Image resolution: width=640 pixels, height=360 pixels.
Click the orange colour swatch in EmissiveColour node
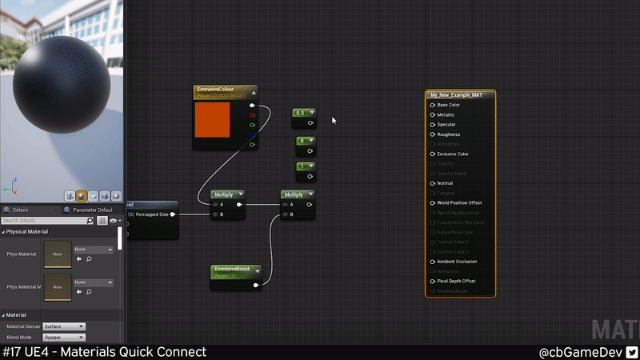(213, 119)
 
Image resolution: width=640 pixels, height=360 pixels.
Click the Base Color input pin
(434, 105)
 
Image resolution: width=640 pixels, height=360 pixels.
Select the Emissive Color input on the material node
(434, 154)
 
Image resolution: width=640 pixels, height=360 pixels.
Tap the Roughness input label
(448, 134)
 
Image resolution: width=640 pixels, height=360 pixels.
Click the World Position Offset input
(434, 203)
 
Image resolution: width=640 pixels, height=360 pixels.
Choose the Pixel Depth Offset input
(434, 281)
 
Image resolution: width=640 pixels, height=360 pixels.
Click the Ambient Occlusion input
(434, 262)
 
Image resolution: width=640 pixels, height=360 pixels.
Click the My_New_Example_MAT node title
(460, 95)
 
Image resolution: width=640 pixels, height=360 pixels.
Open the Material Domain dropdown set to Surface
(64, 326)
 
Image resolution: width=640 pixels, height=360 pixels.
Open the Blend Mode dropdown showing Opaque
(64, 337)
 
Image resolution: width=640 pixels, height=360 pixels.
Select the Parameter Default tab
(92, 210)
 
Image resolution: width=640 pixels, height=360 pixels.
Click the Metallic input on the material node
(434, 115)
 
